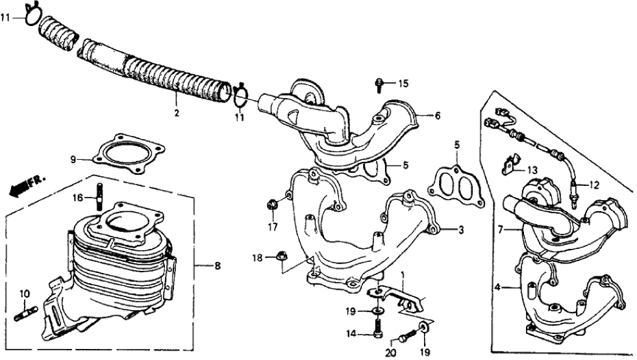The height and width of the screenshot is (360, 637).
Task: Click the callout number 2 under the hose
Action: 176,112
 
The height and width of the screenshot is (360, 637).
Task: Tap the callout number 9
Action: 73,157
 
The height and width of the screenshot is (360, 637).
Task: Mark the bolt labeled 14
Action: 378,333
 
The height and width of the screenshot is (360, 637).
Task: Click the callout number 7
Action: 501,229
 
